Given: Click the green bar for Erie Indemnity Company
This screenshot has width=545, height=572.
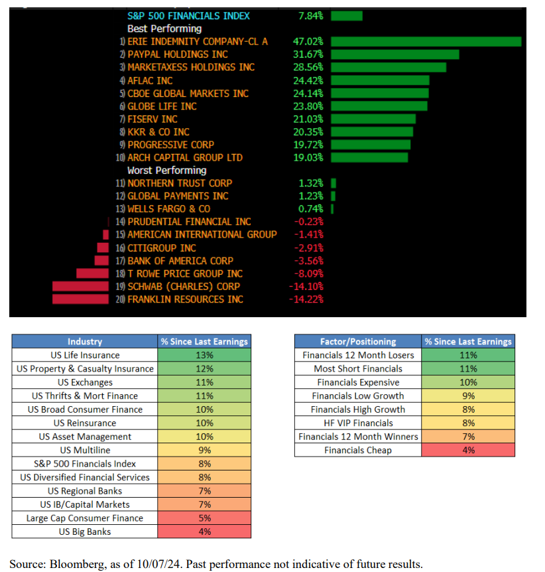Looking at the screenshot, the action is tap(426, 42).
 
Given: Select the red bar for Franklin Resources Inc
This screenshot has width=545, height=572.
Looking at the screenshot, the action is tap(81, 299).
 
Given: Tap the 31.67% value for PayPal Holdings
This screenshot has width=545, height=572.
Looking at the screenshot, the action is tap(308, 54).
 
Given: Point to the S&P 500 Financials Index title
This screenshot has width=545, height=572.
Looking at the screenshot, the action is tap(188, 16).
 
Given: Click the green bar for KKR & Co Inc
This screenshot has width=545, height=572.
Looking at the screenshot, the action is tap(372, 131).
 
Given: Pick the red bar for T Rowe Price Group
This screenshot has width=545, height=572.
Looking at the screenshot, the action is tap(93, 273).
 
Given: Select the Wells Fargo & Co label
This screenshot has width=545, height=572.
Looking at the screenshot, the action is tap(169, 209).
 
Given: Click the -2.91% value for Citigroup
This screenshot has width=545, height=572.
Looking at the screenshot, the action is tap(309, 248).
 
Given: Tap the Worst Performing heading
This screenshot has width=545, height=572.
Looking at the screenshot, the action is tap(166, 171).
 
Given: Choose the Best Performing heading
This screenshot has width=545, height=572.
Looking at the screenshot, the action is tap(164, 29).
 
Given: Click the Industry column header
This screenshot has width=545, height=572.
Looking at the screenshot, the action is tap(85, 342).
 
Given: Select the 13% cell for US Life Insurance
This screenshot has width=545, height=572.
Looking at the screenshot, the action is tap(204, 355).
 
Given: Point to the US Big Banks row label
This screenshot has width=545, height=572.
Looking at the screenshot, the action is tap(85, 532).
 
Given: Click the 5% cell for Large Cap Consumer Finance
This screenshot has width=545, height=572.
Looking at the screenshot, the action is tap(204, 518).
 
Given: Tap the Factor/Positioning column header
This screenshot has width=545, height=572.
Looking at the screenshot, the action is tap(358, 342).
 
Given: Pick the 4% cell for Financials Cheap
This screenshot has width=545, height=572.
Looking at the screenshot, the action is tap(469, 450).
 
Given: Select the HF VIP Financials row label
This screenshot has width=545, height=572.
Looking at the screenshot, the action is tap(358, 423).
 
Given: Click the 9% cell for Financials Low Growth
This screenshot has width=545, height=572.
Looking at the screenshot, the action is tap(469, 395).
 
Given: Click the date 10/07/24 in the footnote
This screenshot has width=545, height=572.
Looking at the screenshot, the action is tap(158, 564).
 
